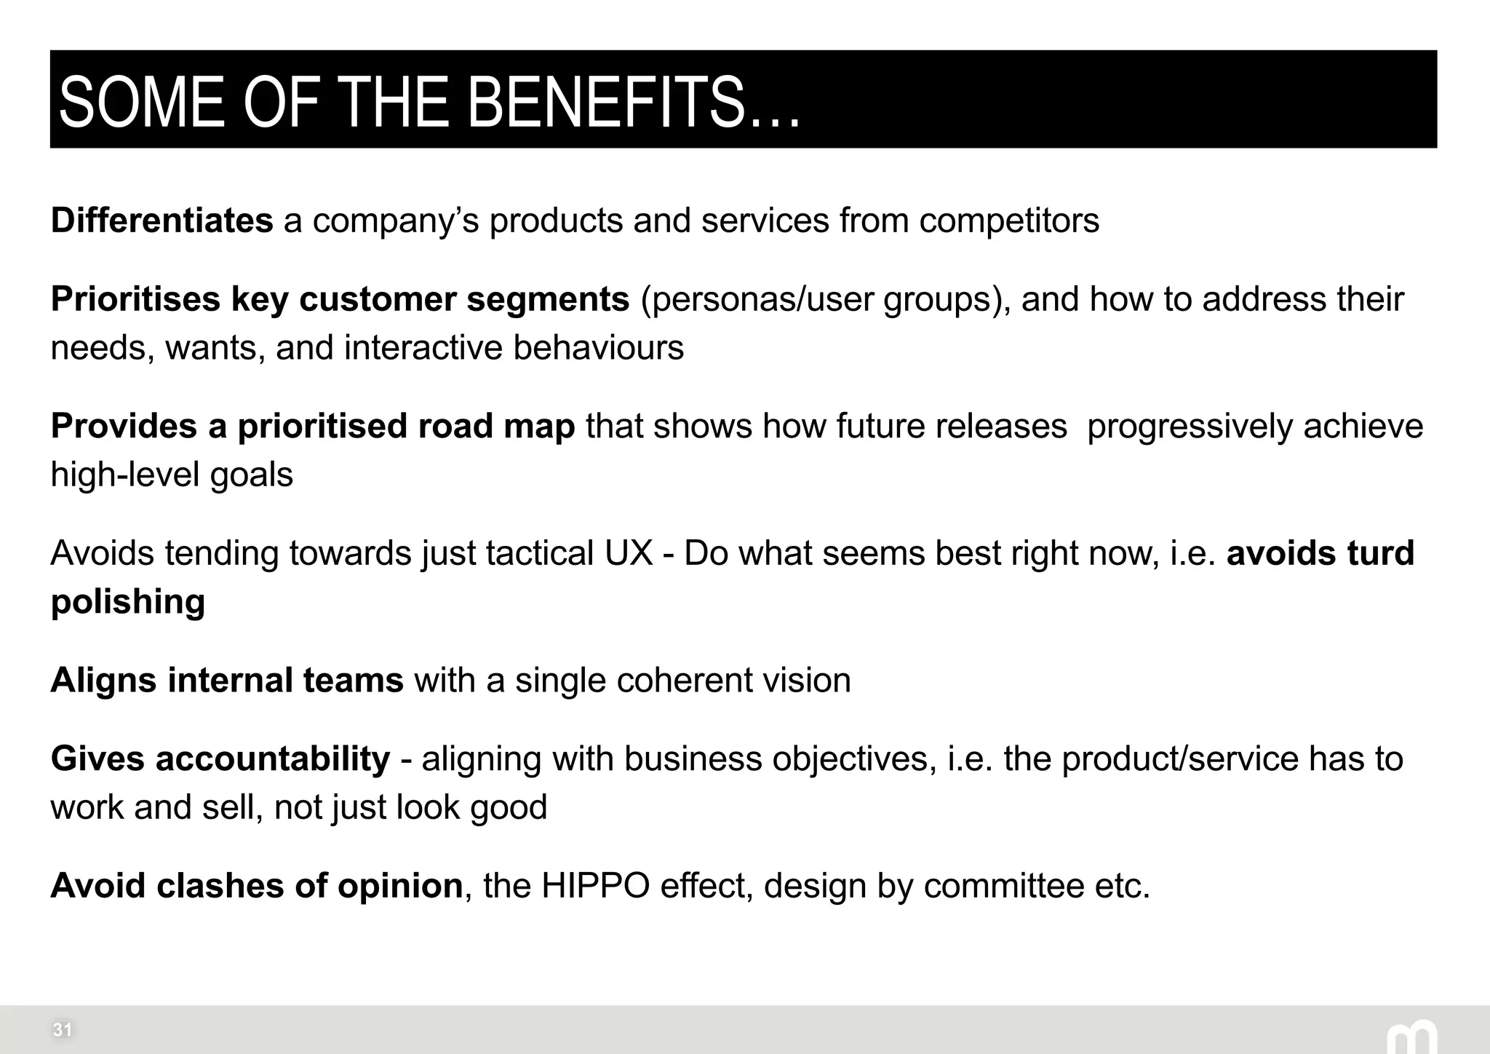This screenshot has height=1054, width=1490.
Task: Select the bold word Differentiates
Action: tap(162, 221)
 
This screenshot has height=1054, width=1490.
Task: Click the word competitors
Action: tap(1008, 221)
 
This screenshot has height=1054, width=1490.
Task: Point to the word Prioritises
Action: tap(135, 299)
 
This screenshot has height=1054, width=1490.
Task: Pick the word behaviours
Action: tap(598, 347)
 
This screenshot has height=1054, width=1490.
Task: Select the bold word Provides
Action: tap(124, 426)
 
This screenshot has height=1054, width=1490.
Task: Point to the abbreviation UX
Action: tap(629, 553)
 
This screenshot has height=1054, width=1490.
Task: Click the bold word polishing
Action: tap(128, 602)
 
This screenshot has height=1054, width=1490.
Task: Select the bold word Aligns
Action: tap(103, 681)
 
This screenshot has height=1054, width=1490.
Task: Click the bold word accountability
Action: tap(273, 759)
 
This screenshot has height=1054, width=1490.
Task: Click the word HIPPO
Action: tap(595, 886)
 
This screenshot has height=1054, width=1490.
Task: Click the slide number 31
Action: tap(63, 1030)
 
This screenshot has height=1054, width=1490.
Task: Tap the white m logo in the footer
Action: tap(1411, 1038)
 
